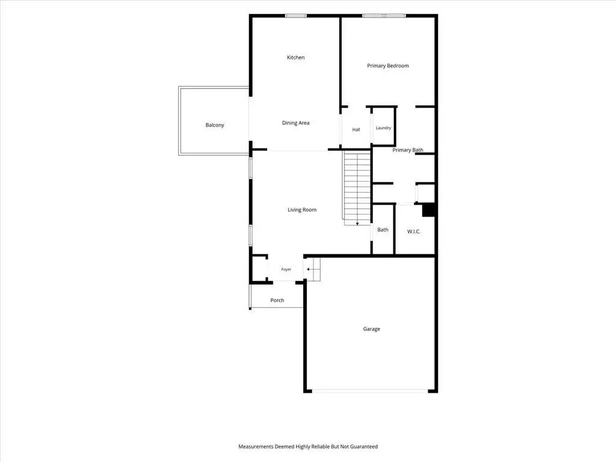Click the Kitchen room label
pos(295,57)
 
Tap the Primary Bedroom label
pos(388,66)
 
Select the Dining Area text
pos(295,123)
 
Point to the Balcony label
pos(215,125)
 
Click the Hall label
pos(356,130)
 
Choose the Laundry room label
pos(383,128)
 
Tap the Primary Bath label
pos(408,150)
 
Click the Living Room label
pos(302,210)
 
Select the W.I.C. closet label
pos(414,232)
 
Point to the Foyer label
pos(286,269)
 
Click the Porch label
pos(277,300)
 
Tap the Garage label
pos(371,329)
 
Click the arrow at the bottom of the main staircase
pos(357,223)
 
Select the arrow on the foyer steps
pos(309,269)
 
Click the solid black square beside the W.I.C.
pos(428,210)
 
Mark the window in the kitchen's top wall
pos(296,16)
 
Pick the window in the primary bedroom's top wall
pos(384,16)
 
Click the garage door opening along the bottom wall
pos(370,391)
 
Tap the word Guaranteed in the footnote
pos(364,446)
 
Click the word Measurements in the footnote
pos(256,446)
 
